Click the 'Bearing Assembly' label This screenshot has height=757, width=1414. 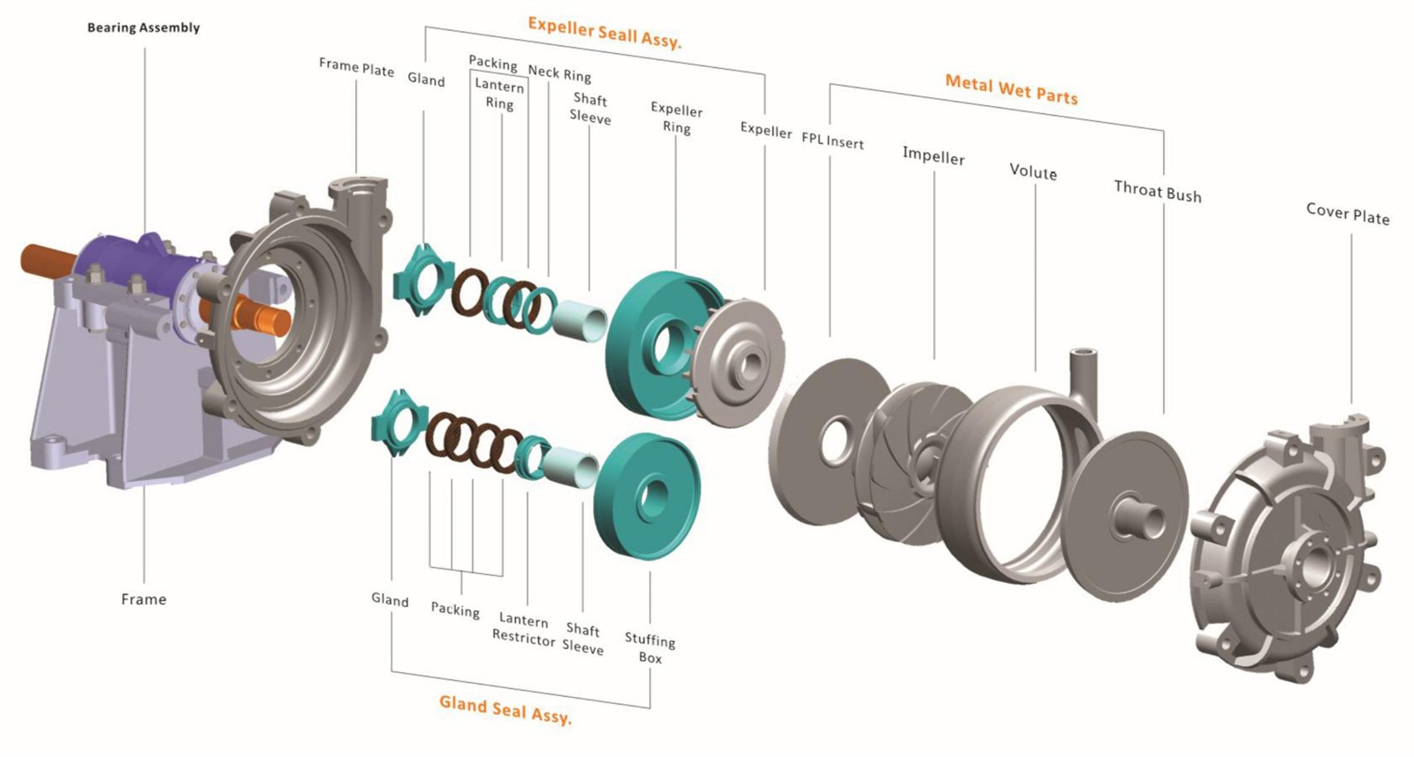tap(143, 27)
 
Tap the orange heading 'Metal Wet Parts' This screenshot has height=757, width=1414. tap(1011, 89)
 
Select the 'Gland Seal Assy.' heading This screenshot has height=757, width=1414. tap(505, 709)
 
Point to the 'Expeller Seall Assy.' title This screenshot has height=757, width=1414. tap(604, 33)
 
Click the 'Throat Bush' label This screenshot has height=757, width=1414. tap(1157, 192)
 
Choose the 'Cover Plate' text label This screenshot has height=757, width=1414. tap(1348, 214)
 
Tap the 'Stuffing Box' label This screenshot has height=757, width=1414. tap(650, 648)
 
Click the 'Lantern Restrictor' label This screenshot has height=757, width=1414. tap(523, 629)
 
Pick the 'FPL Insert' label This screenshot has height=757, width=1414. tap(832, 141)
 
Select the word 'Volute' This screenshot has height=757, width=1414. tap(1033, 172)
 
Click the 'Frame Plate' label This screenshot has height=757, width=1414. tap(356, 67)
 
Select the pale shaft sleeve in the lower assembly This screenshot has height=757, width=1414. tap(569, 468)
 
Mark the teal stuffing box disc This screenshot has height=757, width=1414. tap(648, 495)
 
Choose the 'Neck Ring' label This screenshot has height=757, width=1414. tap(559, 74)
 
